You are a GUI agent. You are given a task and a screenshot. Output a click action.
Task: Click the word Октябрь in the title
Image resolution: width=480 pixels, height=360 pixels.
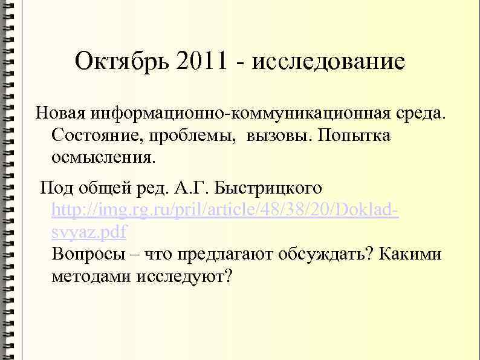click(123, 61)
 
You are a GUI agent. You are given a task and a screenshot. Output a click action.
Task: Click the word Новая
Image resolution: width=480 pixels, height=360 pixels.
click(61, 113)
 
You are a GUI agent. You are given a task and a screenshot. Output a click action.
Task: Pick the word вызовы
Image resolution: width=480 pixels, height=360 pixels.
click(274, 136)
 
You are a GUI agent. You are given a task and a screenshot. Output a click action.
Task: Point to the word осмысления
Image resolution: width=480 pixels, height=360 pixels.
click(103, 158)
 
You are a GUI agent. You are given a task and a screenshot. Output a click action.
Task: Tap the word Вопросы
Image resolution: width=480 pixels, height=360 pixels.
click(88, 254)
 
